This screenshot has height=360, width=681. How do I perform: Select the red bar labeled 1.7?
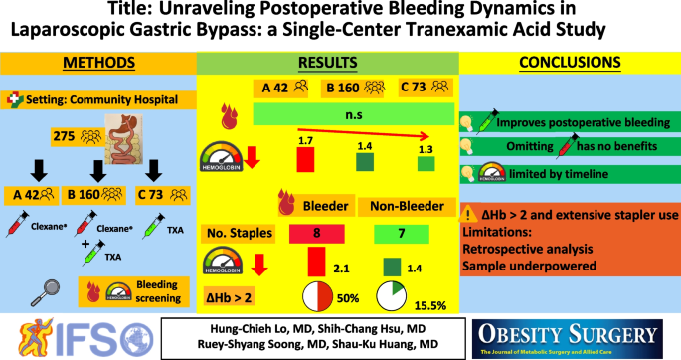pos(306,158)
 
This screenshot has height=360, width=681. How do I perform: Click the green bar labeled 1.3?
pos(426,164)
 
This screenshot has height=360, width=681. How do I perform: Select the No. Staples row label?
pos(238,233)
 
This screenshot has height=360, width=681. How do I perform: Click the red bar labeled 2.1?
pos(317,262)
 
